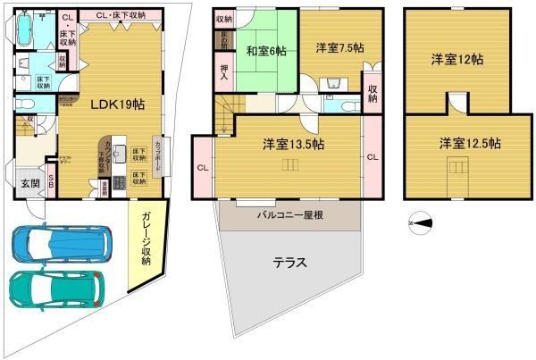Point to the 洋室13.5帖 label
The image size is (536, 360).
pyautogui.click(x=293, y=143)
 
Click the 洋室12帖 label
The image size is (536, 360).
pyautogui.click(x=456, y=60)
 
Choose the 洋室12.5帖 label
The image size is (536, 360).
pyautogui.click(x=469, y=143)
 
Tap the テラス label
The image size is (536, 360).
pyautogui.click(x=289, y=263)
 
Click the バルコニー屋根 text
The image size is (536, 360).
pyautogui.click(x=291, y=215)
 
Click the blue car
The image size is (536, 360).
pyautogui.click(x=62, y=241)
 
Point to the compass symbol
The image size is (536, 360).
pyautogui.click(x=421, y=224)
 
